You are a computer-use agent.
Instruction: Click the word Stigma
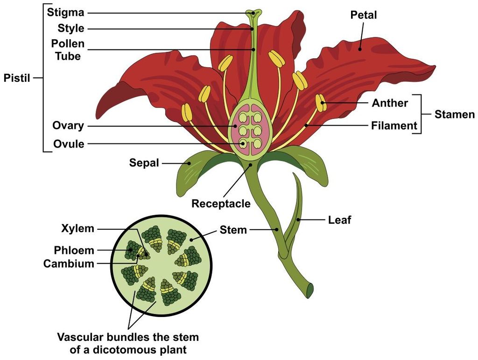[65, 13]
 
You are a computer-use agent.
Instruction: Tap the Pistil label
[17, 78]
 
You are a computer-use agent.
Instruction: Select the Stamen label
[454, 114]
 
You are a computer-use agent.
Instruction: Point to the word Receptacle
[221, 204]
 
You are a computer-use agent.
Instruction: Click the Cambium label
[69, 264]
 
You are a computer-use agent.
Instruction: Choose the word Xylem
[77, 229]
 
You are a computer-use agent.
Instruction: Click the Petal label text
[364, 15]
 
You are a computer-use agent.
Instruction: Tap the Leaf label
[339, 219]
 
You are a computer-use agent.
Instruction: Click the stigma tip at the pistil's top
[253, 13]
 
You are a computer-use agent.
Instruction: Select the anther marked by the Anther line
[321, 103]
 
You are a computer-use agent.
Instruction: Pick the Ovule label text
[69, 144]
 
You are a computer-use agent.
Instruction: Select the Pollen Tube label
[68, 50]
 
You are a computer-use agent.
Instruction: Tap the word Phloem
[74, 251]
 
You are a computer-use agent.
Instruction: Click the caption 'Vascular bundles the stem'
[127, 337]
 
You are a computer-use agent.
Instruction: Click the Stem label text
[233, 229]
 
